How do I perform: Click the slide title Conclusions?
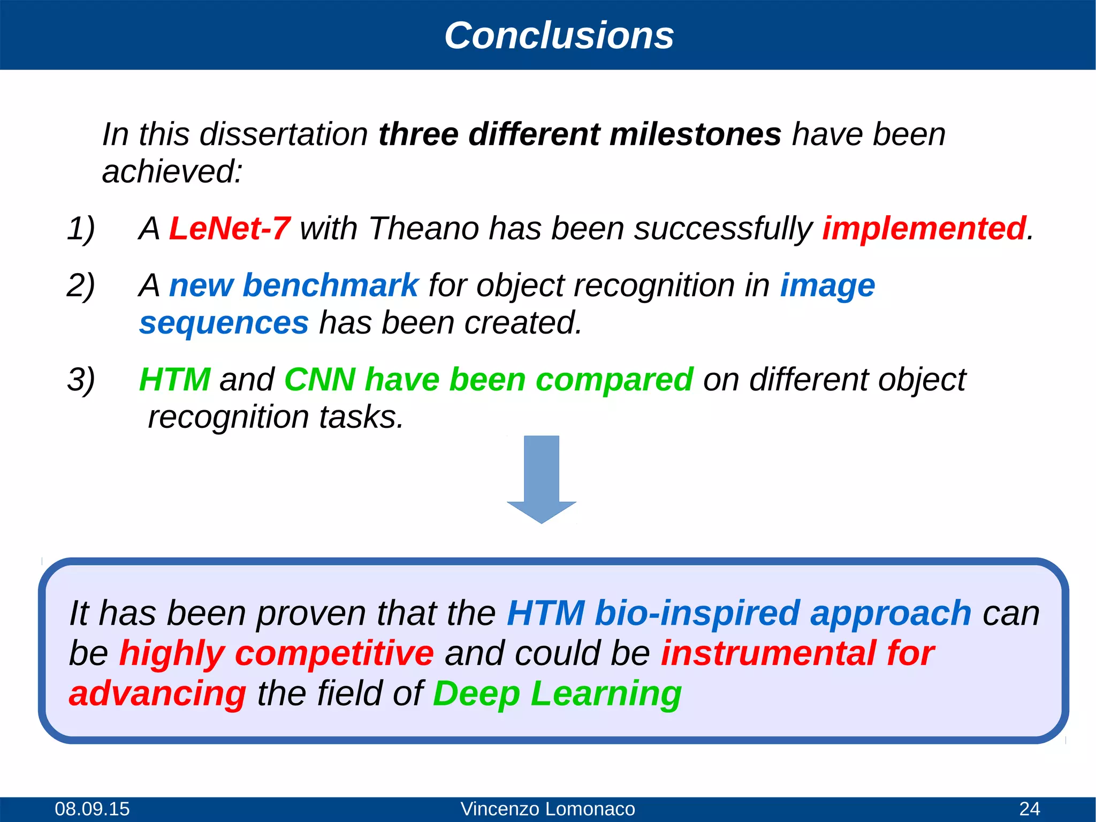(559, 35)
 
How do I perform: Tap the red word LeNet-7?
(230, 229)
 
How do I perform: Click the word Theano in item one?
(423, 229)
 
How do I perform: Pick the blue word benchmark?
(330, 285)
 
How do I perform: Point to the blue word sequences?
(224, 323)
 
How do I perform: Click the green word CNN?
(319, 380)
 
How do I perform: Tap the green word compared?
(614, 380)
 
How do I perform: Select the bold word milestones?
(695, 134)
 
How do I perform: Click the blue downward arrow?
(541, 479)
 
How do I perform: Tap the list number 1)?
(81, 229)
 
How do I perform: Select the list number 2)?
(81, 285)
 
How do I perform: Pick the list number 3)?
(81, 380)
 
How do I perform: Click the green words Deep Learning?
(557, 693)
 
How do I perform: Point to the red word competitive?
(334, 653)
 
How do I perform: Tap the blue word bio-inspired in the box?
(697, 613)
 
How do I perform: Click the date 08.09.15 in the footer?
(92, 809)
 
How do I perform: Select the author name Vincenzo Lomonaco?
(547, 809)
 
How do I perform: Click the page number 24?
(1029, 809)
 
